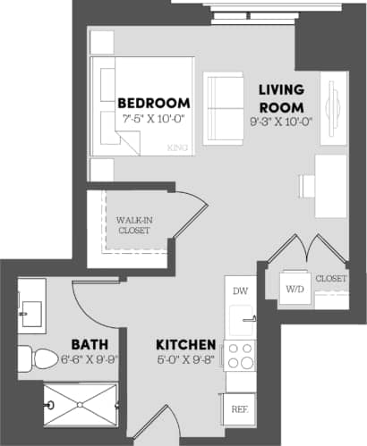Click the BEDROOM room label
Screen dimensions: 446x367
(x=154, y=102)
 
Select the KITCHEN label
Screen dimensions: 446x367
(x=185, y=345)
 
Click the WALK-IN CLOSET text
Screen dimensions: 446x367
(x=134, y=224)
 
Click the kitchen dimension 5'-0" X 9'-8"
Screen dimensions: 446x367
(x=185, y=360)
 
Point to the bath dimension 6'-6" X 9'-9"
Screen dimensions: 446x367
(x=89, y=360)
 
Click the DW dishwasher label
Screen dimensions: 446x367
(x=240, y=290)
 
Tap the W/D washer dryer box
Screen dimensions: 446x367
(x=295, y=289)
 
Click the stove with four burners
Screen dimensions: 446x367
(x=240, y=356)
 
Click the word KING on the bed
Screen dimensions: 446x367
(x=176, y=148)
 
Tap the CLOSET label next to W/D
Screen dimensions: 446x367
(x=331, y=279)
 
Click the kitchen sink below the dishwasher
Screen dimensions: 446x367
(x=240, y=319)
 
